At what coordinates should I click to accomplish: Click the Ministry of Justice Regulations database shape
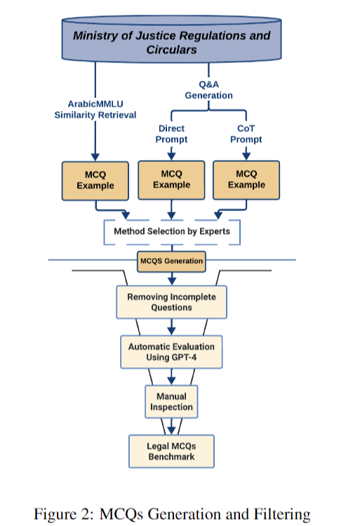[x=171, y=39]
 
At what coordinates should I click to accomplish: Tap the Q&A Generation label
[x=208, y=90]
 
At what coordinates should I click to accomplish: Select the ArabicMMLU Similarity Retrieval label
[x=95, y=109]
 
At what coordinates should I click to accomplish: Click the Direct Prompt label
[x=171, y=134]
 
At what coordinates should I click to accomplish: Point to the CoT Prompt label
[x=246, y=134]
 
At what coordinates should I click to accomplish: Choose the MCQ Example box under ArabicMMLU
[x=95, y=181]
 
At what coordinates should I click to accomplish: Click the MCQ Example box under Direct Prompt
[x=171, y=180]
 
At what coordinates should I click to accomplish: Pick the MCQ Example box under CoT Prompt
[x=246, y=180]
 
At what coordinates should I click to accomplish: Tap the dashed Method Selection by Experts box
[x=172, y=232]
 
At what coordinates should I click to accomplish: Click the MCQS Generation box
[x=171, y=262]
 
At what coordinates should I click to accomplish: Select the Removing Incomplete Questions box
[x=171, y=302]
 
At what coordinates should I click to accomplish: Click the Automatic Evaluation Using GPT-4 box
[x=171, y=352]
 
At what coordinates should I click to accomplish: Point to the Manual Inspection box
[x=171, y=402]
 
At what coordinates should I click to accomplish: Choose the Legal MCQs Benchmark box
[x=171, y=451]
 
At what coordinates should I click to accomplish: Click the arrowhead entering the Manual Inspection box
[x=171, y=381]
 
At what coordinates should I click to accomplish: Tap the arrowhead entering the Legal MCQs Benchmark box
[x=171, y=431]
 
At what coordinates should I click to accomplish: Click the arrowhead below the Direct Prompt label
[x=171, y=156]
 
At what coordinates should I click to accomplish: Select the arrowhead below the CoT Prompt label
[x=246, y=156]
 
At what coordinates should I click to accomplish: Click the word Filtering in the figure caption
[x=282, y=514]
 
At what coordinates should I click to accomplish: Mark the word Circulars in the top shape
[x=171, y=50]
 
